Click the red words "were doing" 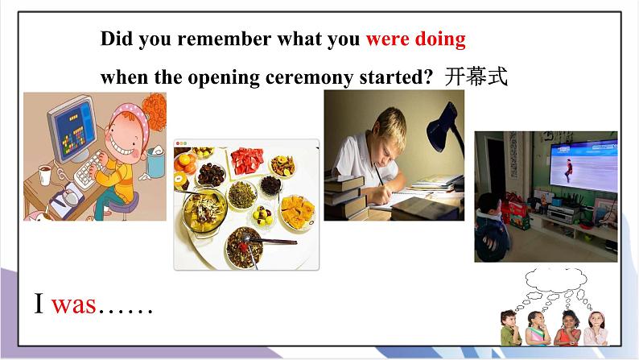(415, 39)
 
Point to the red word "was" (73, 304)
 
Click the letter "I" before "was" (39, 304)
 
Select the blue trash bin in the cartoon (156, 164)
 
